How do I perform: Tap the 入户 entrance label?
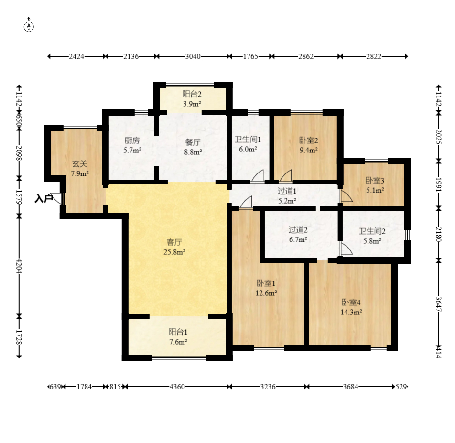click(43, 199)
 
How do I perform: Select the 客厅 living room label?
click(174, 242)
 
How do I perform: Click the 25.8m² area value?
click(174, 252)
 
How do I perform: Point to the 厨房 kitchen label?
click(132, 140)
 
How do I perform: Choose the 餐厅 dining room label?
click(193, 142)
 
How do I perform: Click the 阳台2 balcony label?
click(192, 94)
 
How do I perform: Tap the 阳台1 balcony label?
click(178, 332)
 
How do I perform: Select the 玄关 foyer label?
click(79, 164)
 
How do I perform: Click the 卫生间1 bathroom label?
click(248, 140)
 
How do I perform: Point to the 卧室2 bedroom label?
click(308, 140)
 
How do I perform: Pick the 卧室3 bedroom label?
click(375, 181)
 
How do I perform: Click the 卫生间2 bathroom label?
click(372, 231)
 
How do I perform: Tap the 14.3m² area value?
click(351, 312)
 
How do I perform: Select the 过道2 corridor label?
click(298, 230)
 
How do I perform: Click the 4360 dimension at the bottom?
click(177, 387)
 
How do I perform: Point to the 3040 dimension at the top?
click(193, 56)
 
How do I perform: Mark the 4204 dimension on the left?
click(19, 266)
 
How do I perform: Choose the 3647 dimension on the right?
click(438, 304)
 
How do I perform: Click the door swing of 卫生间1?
click(258, 176)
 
